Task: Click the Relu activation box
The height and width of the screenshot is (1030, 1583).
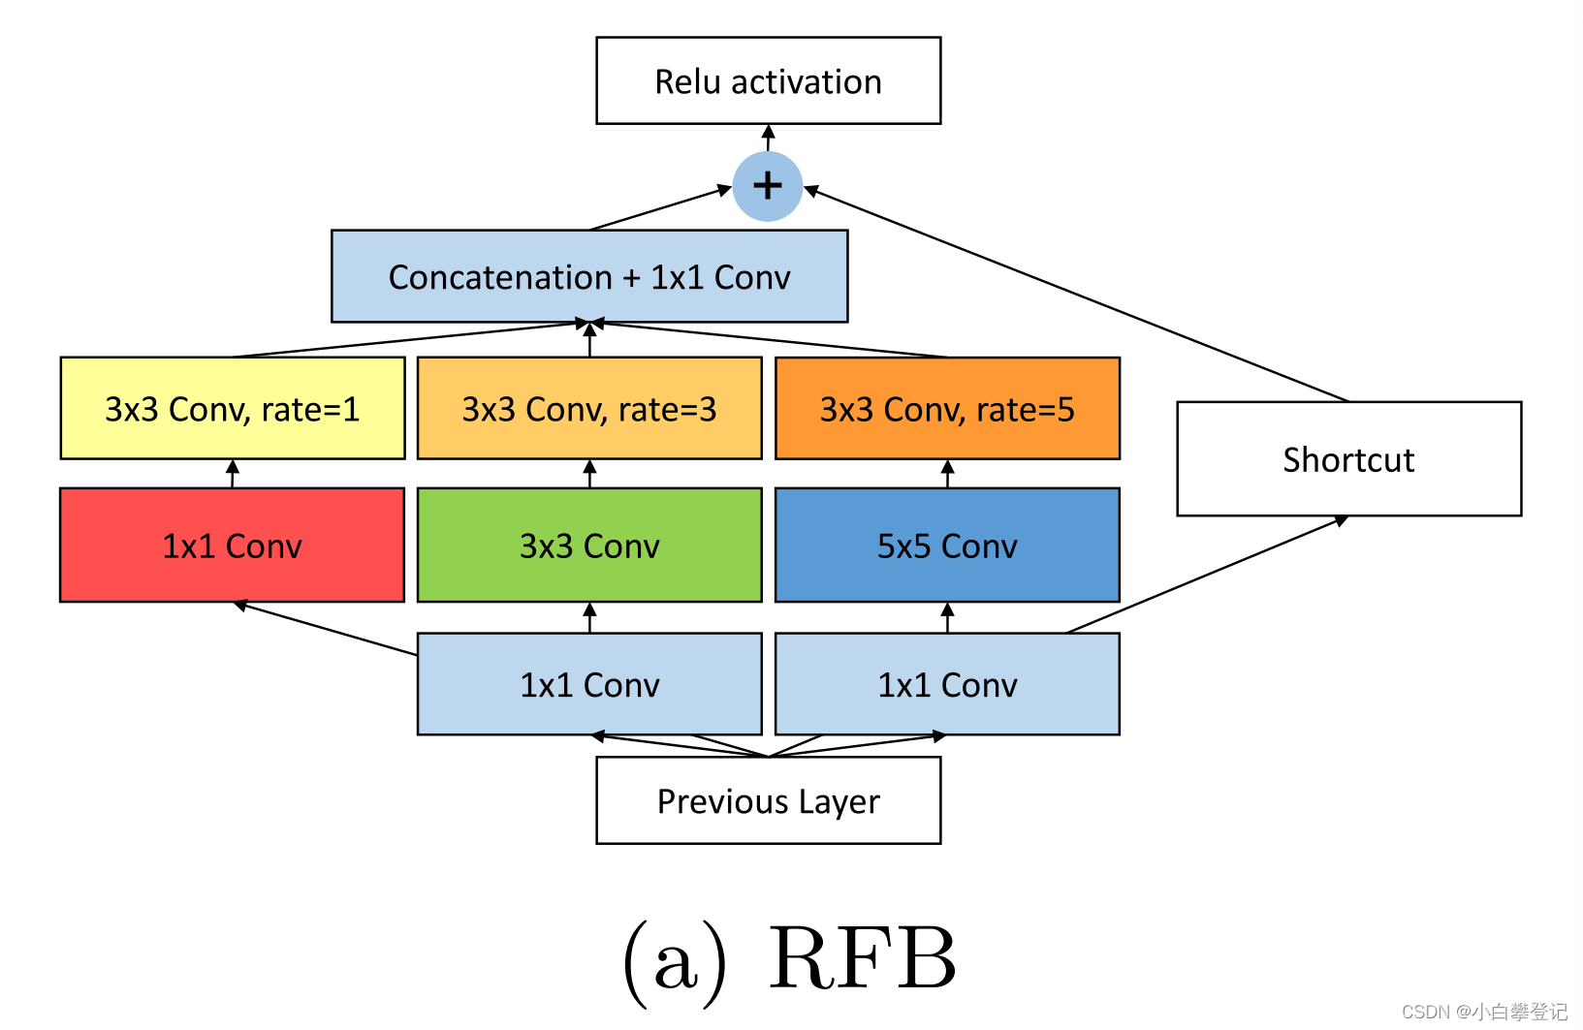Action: (x=768, y=81)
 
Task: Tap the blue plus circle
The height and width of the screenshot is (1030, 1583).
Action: (x=767, y=186)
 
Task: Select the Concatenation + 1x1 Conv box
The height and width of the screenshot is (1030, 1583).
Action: (x=589, y=277)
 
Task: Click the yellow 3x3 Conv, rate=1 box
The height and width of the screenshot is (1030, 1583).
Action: (x=233, y=409)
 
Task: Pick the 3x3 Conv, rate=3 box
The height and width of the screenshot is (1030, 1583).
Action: (x=589, y=409)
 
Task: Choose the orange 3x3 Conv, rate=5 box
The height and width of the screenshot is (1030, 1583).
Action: (x=947, y=409)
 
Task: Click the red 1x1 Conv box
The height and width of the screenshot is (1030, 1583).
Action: (x=233, y=546)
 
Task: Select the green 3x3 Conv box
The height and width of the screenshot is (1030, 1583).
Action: (x=589, y=546)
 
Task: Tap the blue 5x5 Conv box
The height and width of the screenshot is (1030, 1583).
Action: (x=947, y=546)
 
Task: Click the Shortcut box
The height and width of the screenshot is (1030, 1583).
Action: (x=1348, y=459)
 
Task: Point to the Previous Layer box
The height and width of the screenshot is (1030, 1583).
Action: (x=768, y=801)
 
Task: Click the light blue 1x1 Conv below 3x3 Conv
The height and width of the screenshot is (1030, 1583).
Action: (x=589, y=685)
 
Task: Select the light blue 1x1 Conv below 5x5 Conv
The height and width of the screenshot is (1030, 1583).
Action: (x=947, y=685)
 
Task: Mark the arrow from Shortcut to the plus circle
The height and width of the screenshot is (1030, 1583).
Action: (x=1076, y=295)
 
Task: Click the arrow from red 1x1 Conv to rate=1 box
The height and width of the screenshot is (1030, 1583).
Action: (x=233, y=474)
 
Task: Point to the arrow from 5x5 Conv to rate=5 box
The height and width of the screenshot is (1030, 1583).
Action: (x=947, y=474)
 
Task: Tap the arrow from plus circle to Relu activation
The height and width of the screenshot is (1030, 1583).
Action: (x=768, y=138)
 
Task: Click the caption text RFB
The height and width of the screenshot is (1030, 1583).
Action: (x=862, y=959)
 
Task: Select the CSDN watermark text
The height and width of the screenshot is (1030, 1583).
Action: (x=1483, y=1012)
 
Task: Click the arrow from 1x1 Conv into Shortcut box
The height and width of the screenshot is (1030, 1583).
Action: (x=1207, y=575)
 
